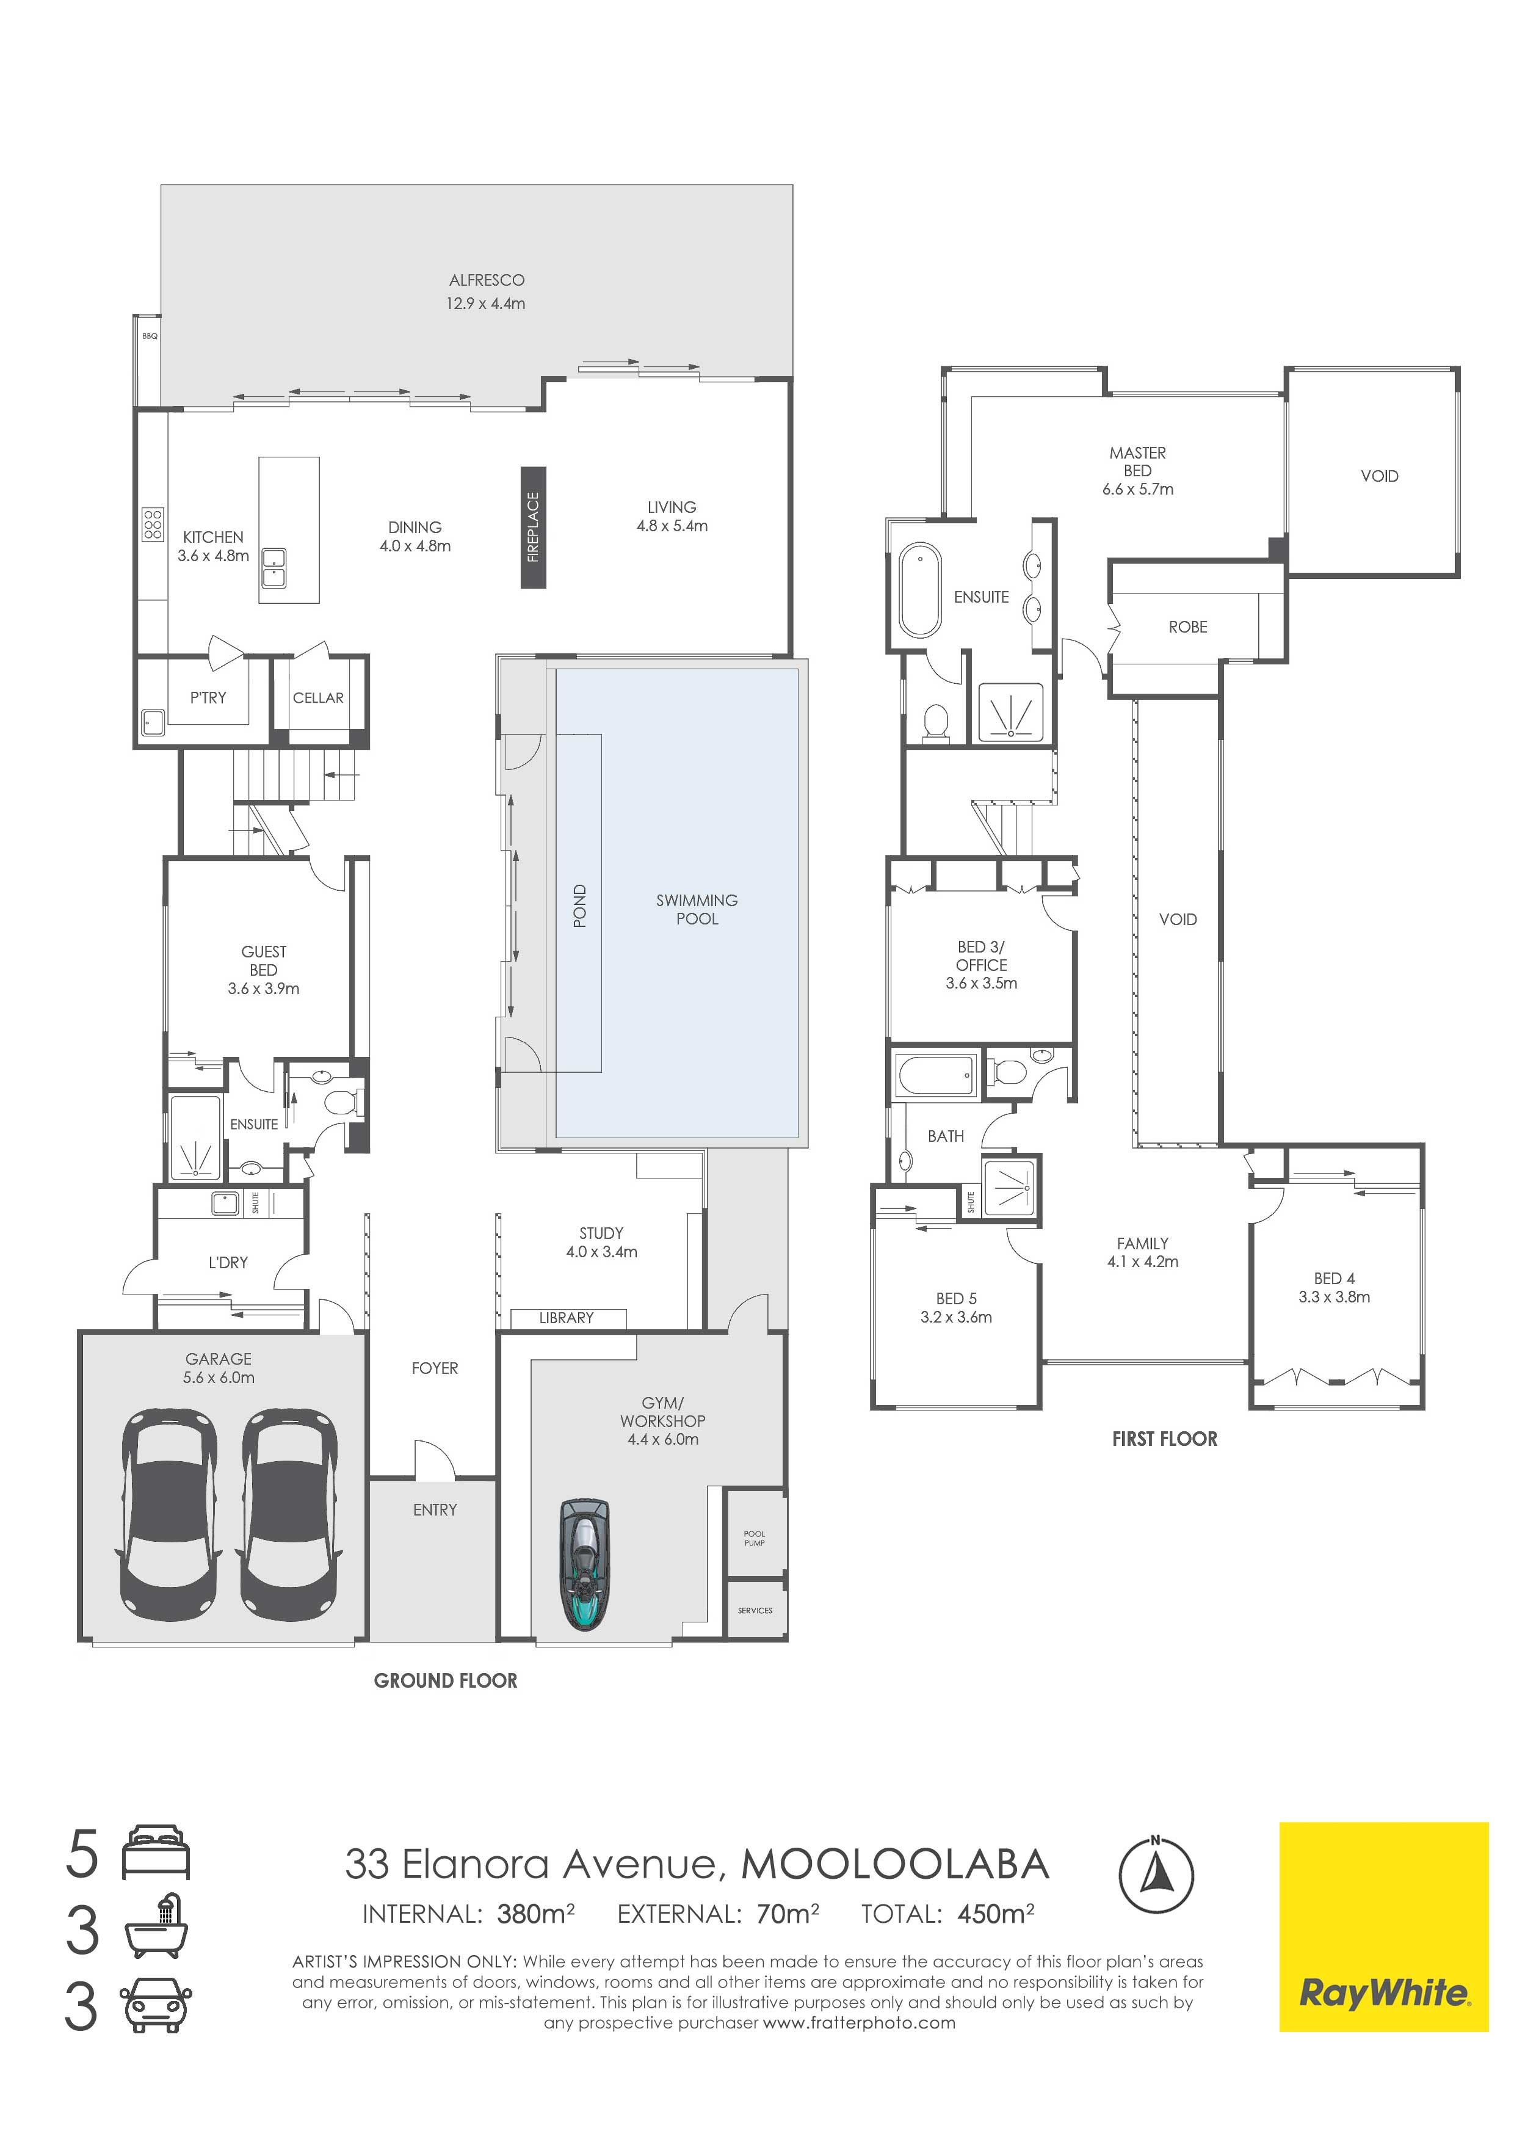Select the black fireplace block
[533, 527]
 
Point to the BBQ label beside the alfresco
[149, 335]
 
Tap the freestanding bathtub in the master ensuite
[920, 590]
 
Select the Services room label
[755, 1610]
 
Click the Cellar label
[318, 698]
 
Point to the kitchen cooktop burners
[153, 525]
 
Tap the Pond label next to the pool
[579, 906]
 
